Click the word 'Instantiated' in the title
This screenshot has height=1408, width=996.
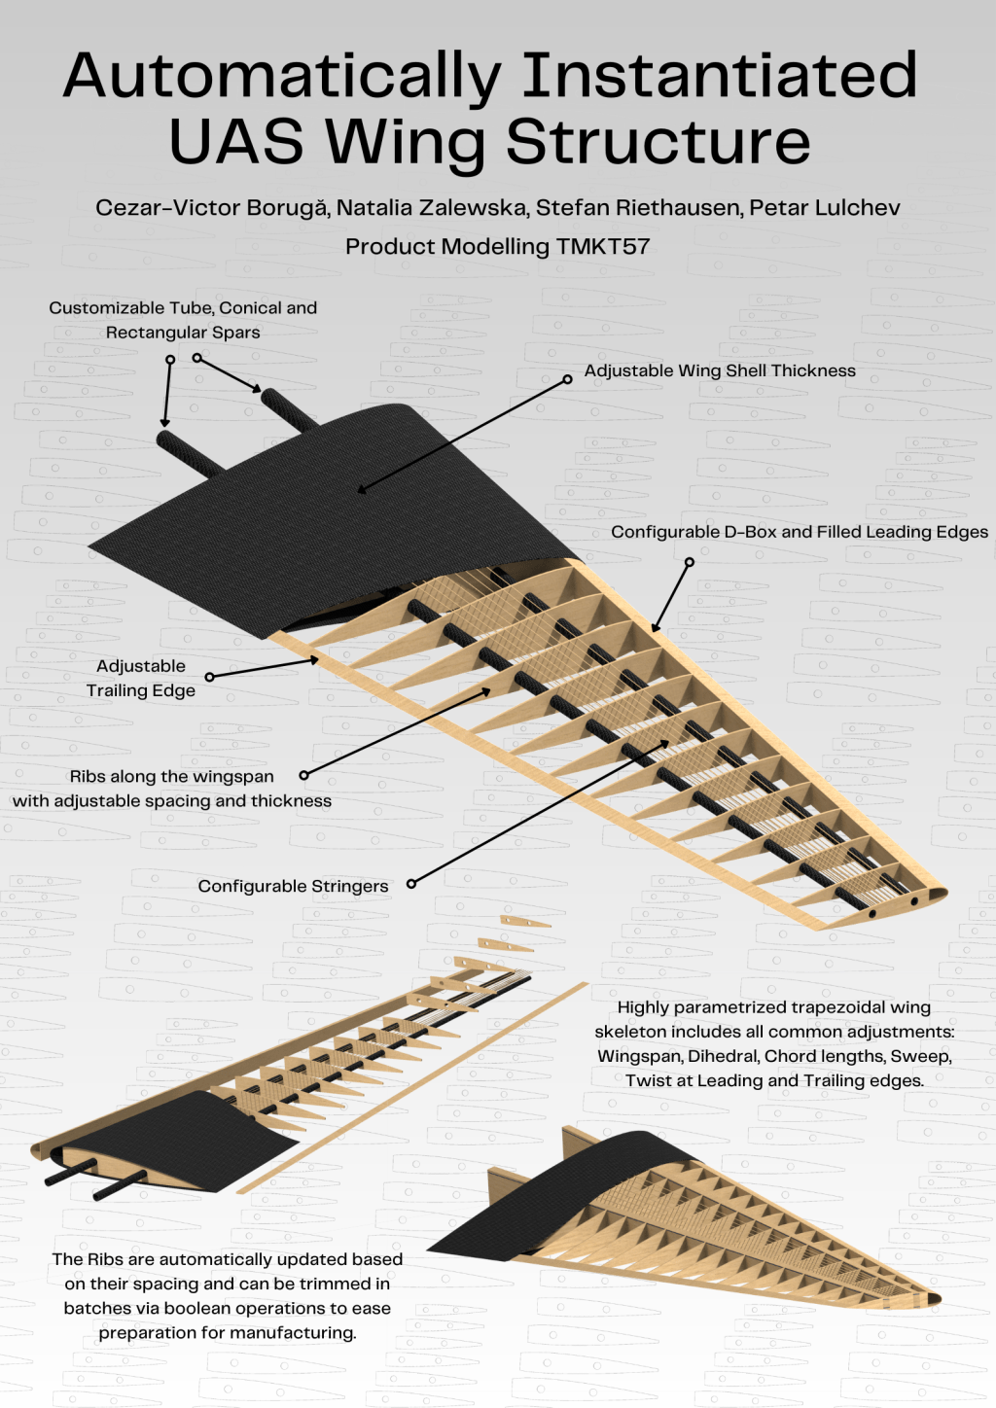720,76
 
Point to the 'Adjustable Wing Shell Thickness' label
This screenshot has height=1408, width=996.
720,370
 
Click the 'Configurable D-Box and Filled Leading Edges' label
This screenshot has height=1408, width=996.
799,532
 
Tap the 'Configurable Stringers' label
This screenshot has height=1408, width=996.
293,886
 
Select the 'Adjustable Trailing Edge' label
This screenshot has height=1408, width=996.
141,678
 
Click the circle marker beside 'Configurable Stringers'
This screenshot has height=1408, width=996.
411,884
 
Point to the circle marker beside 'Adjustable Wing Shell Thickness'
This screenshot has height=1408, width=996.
568,379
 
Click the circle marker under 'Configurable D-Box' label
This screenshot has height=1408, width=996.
690,562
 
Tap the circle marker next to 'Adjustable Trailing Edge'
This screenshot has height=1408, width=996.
209,676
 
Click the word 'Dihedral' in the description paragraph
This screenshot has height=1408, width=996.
724,1056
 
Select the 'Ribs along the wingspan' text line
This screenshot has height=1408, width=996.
171,776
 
